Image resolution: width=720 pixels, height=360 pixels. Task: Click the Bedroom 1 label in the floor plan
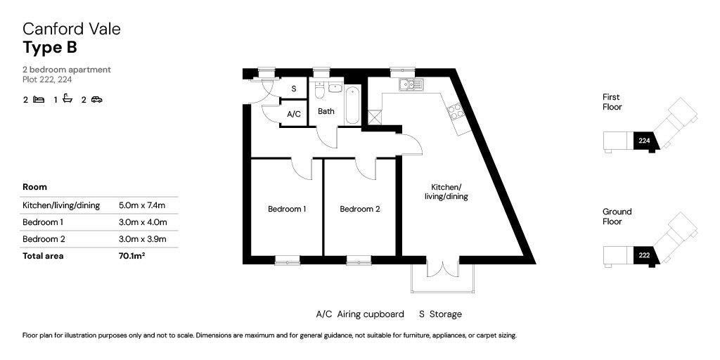coord(287,210)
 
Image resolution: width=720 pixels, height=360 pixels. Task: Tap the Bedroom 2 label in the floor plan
coord(359,210)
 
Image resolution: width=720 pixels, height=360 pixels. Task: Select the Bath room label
coord(326,111)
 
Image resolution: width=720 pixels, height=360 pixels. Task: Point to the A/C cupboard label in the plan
coord(293,114)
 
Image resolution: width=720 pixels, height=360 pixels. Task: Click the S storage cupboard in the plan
coord(293,89)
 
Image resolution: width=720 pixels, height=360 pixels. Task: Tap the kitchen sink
coord(411,84)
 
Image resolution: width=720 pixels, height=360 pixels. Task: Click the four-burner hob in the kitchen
coord(456,112)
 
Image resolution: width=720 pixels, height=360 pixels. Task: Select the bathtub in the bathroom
coord(353,105)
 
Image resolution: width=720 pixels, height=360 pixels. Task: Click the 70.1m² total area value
coord(131,256)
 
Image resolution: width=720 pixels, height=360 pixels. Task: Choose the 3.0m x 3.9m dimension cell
coord(142,239)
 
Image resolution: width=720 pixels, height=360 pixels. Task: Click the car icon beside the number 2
coord(96,99)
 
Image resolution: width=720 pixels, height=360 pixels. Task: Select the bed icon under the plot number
coord(39,99)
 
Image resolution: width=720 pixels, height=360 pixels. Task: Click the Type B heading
coord(50,47)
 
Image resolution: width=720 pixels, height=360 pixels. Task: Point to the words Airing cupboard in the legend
coord(371,314)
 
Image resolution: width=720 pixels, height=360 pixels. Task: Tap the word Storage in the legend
coord(446,314)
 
